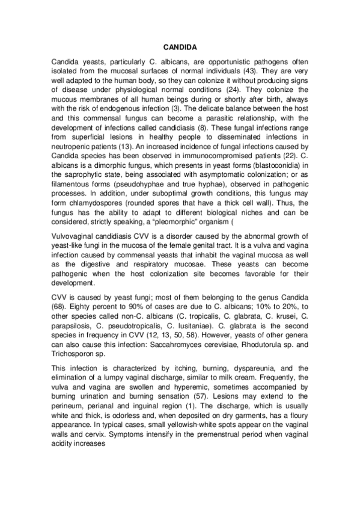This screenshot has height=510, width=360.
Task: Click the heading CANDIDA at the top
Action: (x=179, y=46)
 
